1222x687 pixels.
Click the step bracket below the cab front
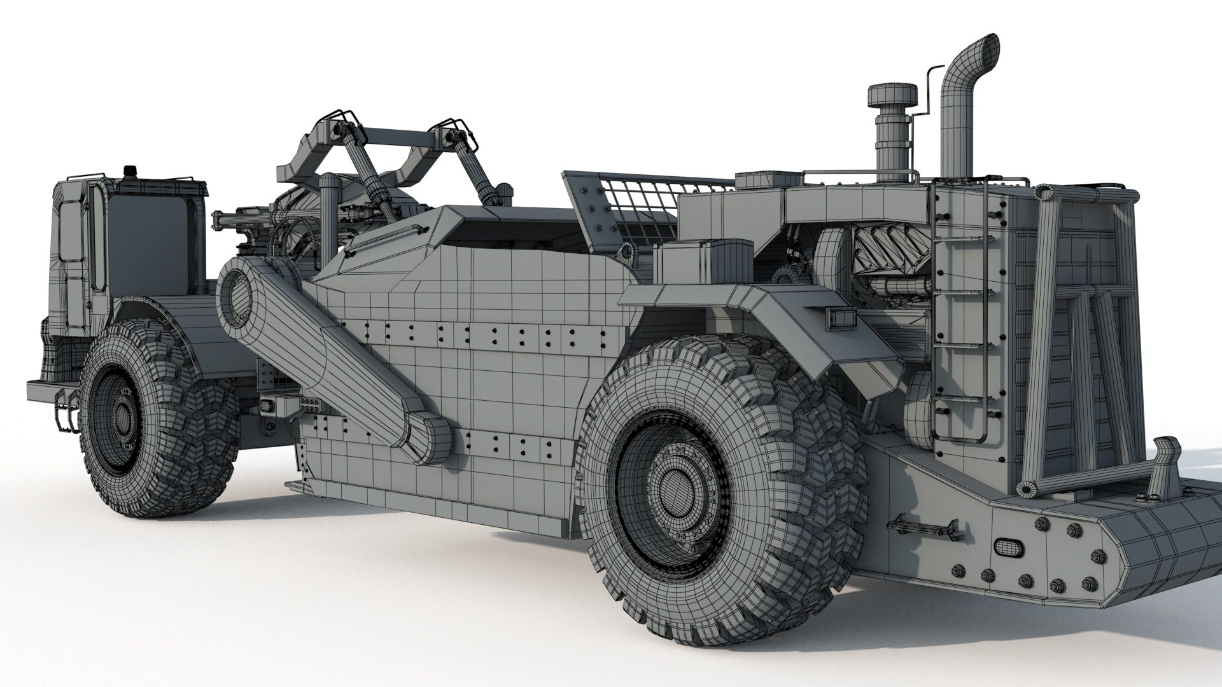click(x=66, y=410)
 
